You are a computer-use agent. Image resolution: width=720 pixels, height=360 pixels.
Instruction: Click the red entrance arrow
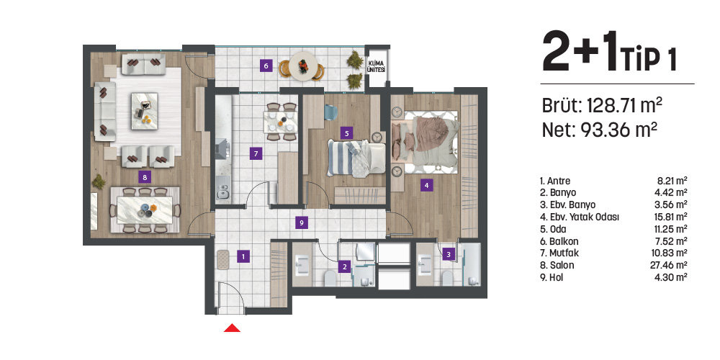(232, 328)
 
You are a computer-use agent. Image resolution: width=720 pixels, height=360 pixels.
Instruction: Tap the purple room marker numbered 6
(265, 66)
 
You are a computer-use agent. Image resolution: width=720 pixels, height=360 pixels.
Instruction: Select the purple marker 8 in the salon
(145, 176)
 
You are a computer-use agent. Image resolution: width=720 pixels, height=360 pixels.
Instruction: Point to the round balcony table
(304, 66)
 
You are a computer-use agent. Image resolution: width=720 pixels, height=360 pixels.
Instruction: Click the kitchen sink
(223, 191)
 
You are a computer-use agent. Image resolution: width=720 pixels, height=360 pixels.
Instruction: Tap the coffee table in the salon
(145, 111)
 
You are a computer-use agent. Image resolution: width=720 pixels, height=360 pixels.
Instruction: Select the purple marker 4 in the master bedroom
(426, 186)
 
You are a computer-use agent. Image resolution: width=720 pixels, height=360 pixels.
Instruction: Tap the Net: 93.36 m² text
(599, 130)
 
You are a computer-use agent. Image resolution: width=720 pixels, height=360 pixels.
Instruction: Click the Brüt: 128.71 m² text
(602, 105)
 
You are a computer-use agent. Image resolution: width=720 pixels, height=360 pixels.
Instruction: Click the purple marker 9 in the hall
(302, 222)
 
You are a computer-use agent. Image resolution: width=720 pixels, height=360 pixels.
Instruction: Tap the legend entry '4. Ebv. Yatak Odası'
(580, 217)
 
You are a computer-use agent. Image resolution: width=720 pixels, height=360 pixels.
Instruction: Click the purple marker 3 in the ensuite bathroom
(449, 253)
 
